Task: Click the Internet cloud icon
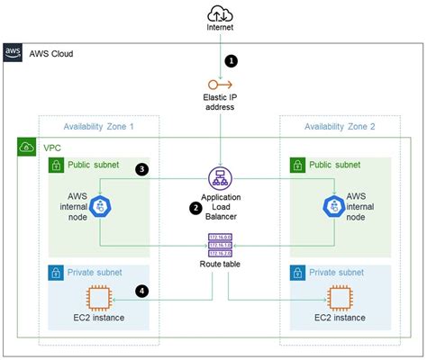coord(219,13)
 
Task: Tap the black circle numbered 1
coord(232,61)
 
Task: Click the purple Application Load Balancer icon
coord(219,177)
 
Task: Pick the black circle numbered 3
coord(141,168)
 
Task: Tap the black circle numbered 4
coord(141,290)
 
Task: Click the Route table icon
coord(219,244)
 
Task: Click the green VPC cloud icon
coord(27,147)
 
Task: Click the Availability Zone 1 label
coord(98,126)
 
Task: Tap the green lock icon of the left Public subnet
coord(57,166)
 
